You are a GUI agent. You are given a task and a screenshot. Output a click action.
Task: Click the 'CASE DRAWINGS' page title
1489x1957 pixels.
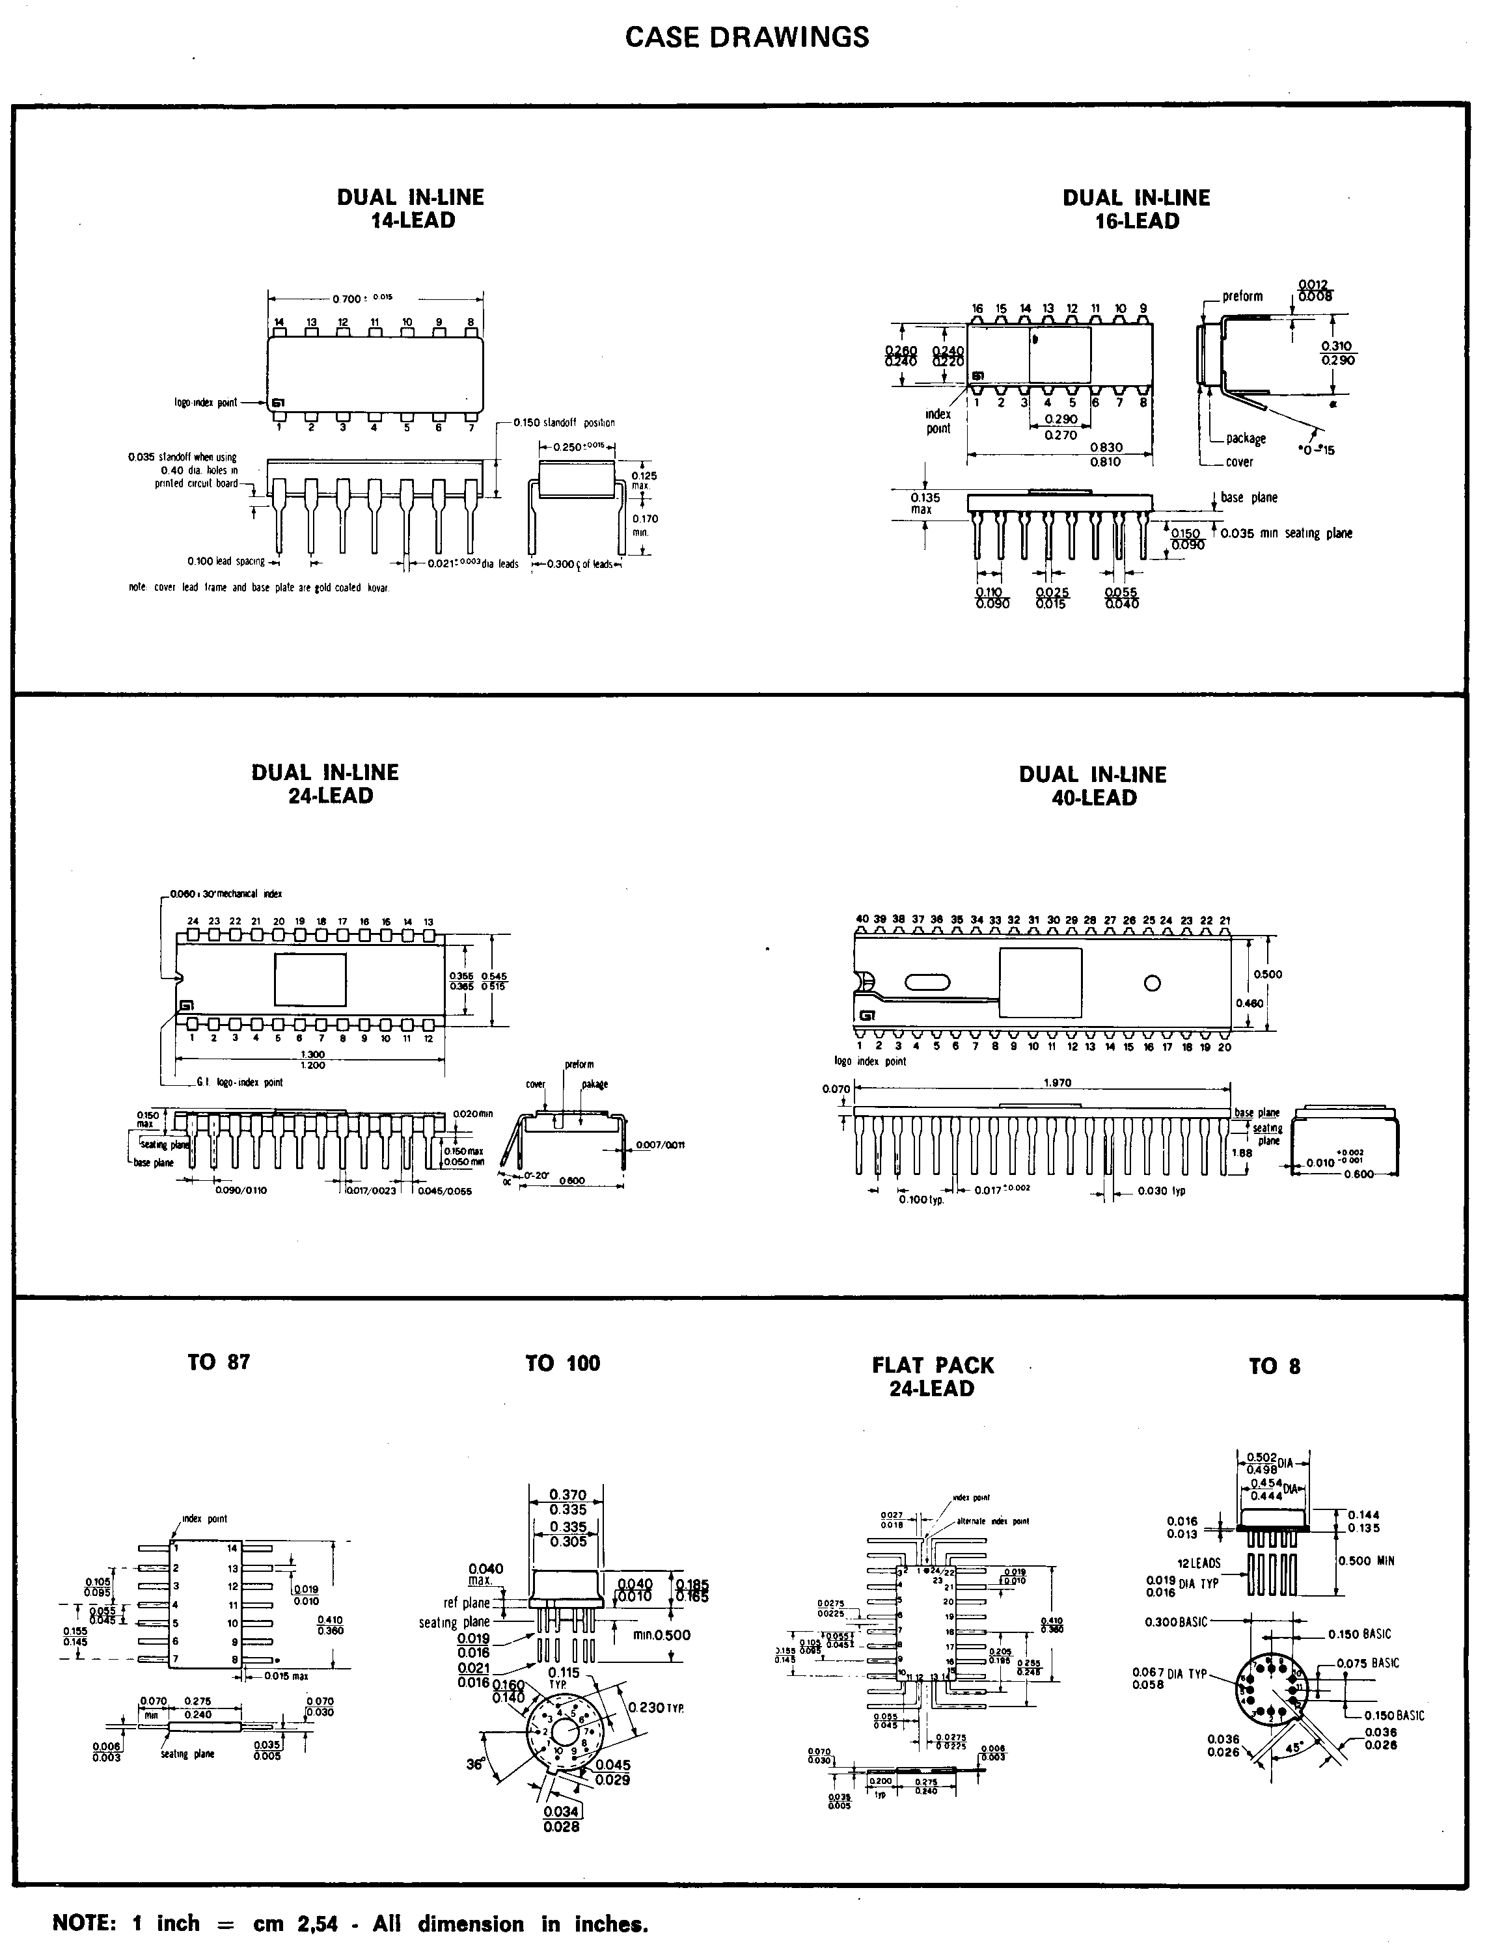pyautogui.click(x=746, y=36)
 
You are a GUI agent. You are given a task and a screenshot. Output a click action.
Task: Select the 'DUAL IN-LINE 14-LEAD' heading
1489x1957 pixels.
pyautogui.click(x=411, y=209)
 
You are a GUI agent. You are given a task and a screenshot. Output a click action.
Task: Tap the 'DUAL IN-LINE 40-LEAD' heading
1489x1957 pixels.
pyautogui.click(x=1093, y=786)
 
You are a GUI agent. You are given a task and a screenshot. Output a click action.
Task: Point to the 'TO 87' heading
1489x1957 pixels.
pyautogui.click(x=218, y=1362)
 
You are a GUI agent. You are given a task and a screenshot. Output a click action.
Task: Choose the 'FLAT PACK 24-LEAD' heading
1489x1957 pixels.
pyautogui.click(x=933, y=1377)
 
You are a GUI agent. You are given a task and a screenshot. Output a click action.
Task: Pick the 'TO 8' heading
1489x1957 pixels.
pyautogui.click(x=1274, y=1366)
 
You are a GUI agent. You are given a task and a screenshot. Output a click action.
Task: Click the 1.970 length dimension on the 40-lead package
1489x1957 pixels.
pyautogui.click(x=1058, y=1082)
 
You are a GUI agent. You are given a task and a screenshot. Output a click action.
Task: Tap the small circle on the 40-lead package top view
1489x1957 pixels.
pyautogui.click(x=1152, y=982)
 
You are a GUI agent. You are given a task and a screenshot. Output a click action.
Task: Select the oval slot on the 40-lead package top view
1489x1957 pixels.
pyautogui.click(x=927, y=982)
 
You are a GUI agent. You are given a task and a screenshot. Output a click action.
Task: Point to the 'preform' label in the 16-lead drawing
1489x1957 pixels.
pyautogui.click(x=1242, y=296)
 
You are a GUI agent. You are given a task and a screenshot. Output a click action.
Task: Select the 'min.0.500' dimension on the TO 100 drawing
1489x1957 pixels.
pyautogui.click(x=661, y=1634)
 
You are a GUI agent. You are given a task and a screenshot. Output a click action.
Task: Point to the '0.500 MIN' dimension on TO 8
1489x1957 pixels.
pyautogui.click(x=1367, y=1560)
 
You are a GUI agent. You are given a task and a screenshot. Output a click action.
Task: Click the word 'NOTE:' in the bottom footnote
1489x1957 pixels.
pyautogui.click(x=85, y=1923)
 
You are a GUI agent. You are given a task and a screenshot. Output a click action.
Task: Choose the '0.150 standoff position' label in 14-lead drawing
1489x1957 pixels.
pyautogui.click(x=564, y=423)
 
